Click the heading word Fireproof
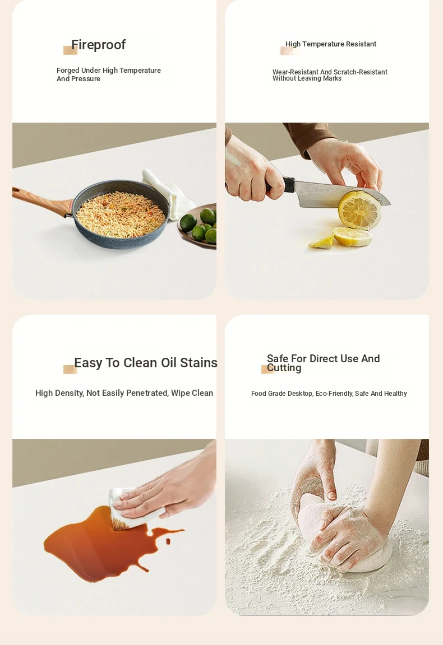click(x=98, y=44)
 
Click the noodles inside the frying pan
click(x=121, y=214)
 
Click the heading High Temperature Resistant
click(x=330, y=44)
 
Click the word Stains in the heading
click(x=199, y=363)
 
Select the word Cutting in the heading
click(x=284, y=368)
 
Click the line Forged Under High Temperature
click(x=109, y=71)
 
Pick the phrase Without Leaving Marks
click(x=307, y=78)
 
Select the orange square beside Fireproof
click(x=70, y=50)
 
